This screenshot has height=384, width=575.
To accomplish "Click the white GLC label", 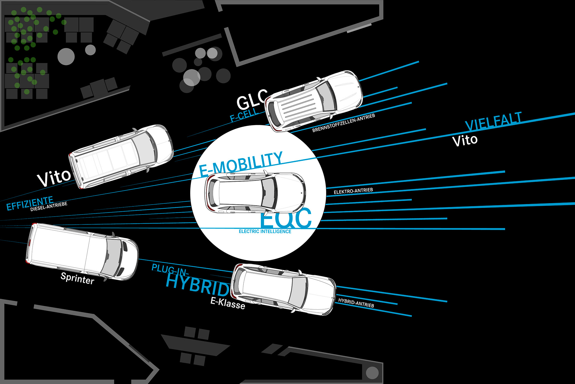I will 251,100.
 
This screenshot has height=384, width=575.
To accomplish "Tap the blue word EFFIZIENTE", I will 30,203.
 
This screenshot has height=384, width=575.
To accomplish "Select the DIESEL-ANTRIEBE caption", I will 49,206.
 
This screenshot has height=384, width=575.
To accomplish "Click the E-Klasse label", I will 228,303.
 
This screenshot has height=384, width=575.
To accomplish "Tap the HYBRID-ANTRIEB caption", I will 356,303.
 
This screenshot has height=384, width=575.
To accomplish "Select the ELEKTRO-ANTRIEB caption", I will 353,191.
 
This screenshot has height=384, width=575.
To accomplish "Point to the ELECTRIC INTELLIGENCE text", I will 265,232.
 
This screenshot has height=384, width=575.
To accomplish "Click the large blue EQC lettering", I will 286,218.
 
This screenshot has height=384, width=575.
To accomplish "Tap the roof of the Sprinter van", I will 60,249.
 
